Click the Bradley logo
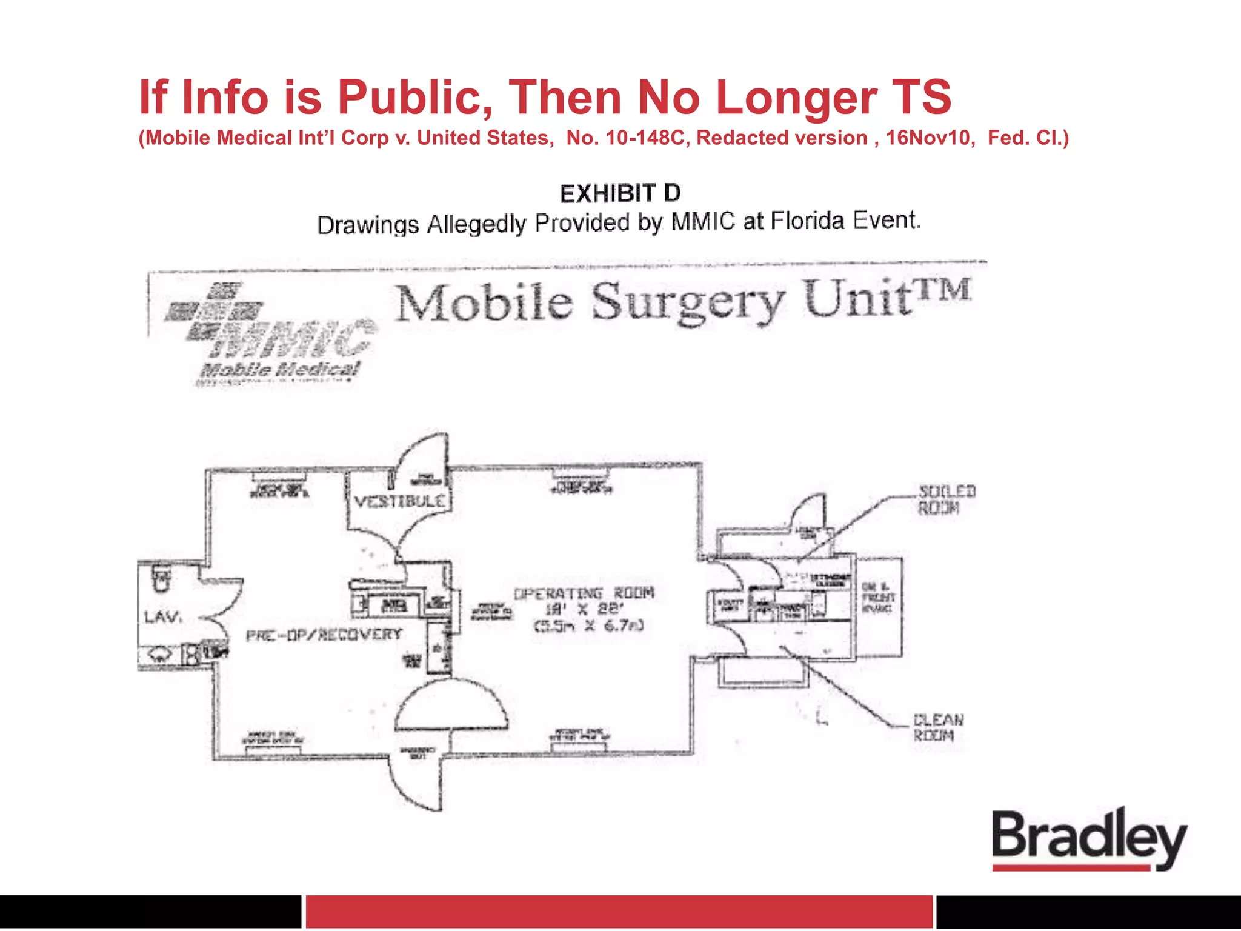pos(1089,839)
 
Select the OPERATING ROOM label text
pos(584,593)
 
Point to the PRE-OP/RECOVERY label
pos(324,635)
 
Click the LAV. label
pos(163,617)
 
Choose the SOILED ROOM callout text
pos(947,499)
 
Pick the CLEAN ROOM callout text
pos(938,727)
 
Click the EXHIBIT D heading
pos(620,194)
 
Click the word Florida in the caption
pos(807,221)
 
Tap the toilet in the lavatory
pos(161,579)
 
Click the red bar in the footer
pos(619,911)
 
